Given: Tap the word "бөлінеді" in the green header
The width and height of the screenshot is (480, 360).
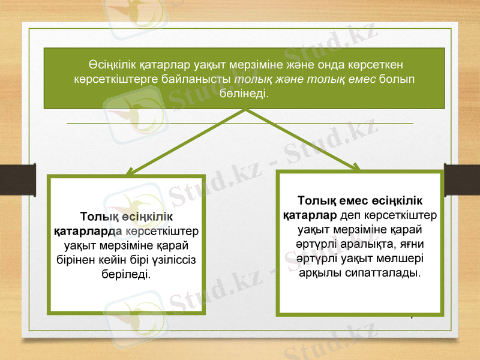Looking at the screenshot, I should click(x=245, y=95).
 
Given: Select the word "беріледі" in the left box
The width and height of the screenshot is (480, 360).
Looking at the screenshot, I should click(x=126, y=274).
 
